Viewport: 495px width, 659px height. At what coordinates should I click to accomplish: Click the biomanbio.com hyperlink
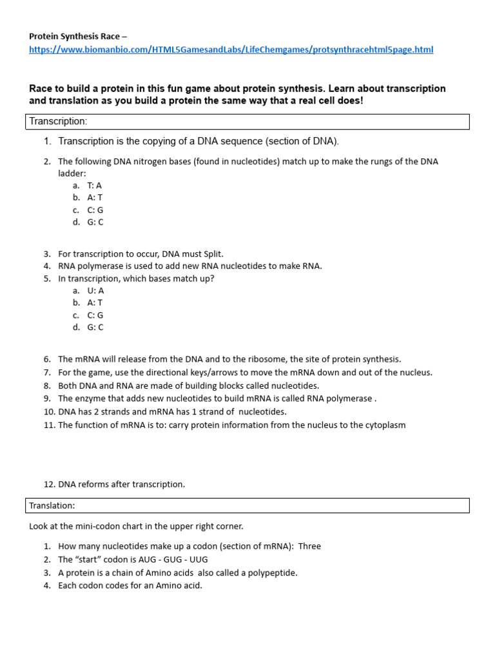pos(231,50)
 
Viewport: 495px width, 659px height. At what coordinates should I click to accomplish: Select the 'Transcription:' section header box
pos(248,122)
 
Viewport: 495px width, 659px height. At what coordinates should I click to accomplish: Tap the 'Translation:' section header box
pos(248,506)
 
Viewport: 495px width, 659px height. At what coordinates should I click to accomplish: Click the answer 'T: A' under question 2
pos(95,185)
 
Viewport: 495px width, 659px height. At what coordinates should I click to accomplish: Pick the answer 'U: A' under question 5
pos(95,290)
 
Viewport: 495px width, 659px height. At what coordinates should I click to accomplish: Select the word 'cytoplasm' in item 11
pos(384,425)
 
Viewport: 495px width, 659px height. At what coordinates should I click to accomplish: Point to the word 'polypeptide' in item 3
pos(273,573)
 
